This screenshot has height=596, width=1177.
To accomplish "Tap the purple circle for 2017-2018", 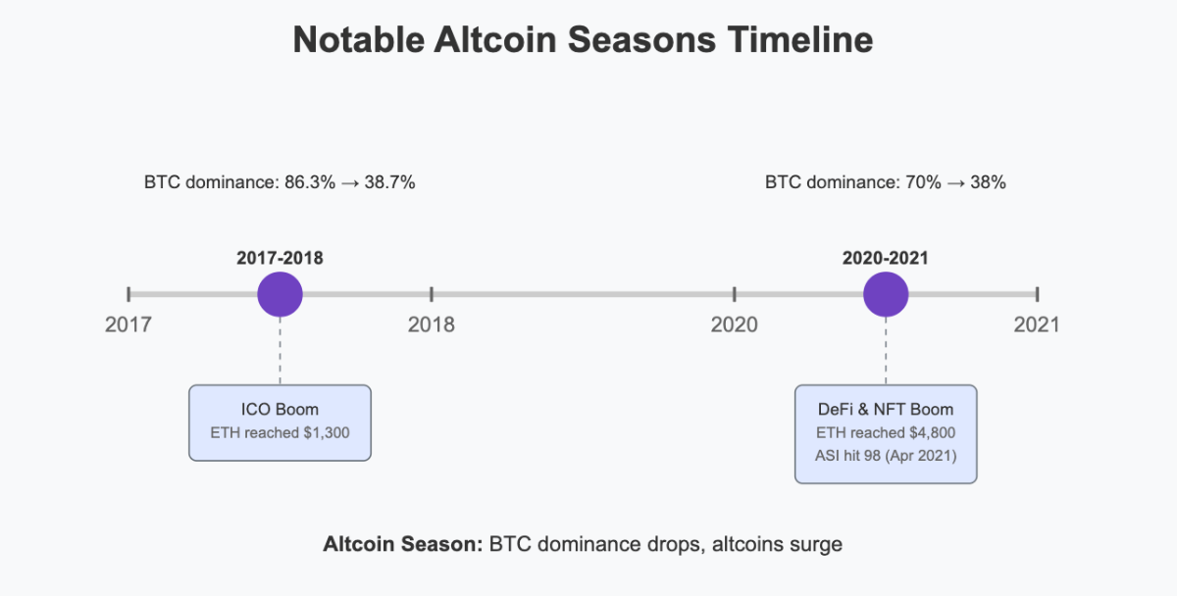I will point(280,293).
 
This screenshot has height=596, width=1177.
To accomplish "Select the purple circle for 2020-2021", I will point(886,293).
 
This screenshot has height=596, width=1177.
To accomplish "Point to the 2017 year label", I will point(128,324).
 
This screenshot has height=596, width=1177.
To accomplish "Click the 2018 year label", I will point(432,324).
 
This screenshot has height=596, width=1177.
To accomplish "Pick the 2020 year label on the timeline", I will point(735,324).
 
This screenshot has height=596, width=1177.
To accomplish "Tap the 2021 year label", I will point(1037,324).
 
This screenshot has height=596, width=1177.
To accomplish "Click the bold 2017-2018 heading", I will point(280,259).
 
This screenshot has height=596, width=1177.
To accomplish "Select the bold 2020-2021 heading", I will point(886,259).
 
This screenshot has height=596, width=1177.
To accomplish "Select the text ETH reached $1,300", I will point(280,432).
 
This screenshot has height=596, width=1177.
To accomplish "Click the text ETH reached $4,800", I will point(886,432).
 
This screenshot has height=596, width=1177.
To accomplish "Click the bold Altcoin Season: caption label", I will point(401,544).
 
